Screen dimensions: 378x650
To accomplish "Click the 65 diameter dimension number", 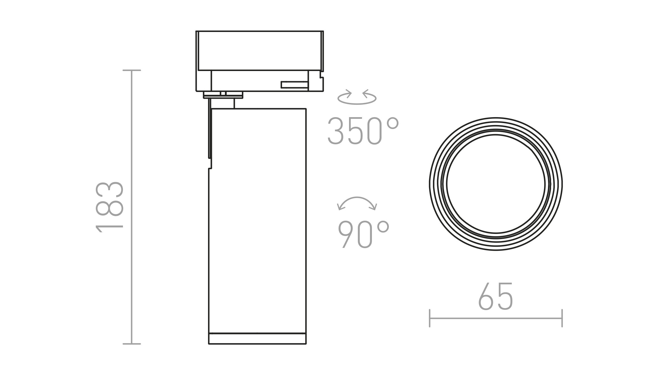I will pyautogui.click(x=495, y=296).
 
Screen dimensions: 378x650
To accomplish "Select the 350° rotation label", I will pyautogui.click(x=363, y=131).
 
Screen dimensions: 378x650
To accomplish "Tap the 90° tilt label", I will pyautogui.click(x=363, y=235).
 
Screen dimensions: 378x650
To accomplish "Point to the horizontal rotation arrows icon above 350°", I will pyautogui.click(x=357, y=97).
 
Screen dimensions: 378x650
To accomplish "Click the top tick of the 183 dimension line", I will pyautogui.click(x=132, y=70).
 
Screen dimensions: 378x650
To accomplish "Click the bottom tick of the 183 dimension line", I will pyautogui.click(x=132, y=344).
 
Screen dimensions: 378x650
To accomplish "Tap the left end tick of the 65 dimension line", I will pyautogui.click(x=430, y=318).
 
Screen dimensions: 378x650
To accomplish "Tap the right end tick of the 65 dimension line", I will pyautogui.click(x=562, y=318).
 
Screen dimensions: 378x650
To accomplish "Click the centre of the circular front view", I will pyautogui.click(x=496, y=184).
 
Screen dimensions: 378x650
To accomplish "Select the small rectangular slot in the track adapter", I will pyautogui.click(x=294, y=85).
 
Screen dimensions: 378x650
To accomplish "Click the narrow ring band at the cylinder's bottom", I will pyautogui.click(x=257, y=339).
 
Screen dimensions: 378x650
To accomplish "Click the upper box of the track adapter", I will pyautogui.click(x=259, y=50).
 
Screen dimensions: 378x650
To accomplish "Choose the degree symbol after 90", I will pyautogui.click(x=383, y=227).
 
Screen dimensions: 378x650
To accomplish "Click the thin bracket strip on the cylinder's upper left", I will pyautogui.click(x=210, y=133).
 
